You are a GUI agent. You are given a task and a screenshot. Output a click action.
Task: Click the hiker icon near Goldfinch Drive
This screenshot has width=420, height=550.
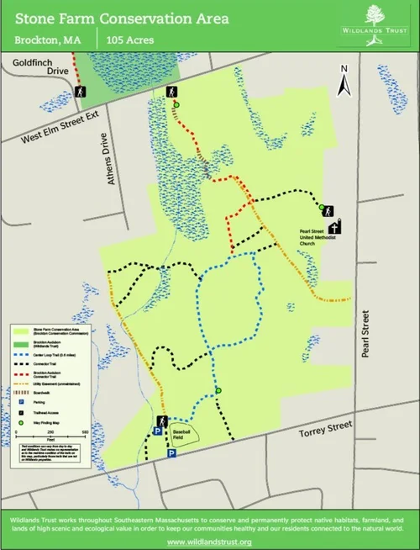click(x=81, y=93)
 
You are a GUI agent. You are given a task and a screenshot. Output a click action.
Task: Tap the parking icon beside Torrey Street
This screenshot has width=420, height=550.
click(x=171, y=453)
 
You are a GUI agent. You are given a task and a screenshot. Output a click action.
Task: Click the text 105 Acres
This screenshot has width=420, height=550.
click(x=125, y=39)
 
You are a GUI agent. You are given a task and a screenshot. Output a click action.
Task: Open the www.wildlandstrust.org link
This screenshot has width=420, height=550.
click(x=209, y=542)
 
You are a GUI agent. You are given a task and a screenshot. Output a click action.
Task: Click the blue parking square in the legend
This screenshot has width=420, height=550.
click(x=20, y=402)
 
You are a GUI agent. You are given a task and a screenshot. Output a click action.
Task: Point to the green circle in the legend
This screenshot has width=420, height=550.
click(x=20, y=421)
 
